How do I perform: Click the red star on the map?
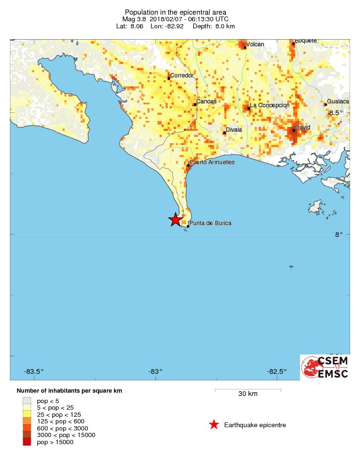(175, 219)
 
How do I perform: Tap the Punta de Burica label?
(210, 223)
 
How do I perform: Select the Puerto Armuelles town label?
(212, 162)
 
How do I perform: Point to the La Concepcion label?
(270, 105)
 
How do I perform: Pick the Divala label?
(234, 129)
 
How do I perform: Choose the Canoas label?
(206, 101)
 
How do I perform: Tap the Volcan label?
(255, 44)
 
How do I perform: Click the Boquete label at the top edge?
(306, 41)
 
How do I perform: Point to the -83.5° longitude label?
(34, 371)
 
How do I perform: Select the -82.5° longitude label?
(277, 371)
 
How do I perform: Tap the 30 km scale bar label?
(248, 394)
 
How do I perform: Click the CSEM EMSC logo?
(325, 367)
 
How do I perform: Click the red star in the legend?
(214, 425)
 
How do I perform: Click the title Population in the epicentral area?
(175, 12)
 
